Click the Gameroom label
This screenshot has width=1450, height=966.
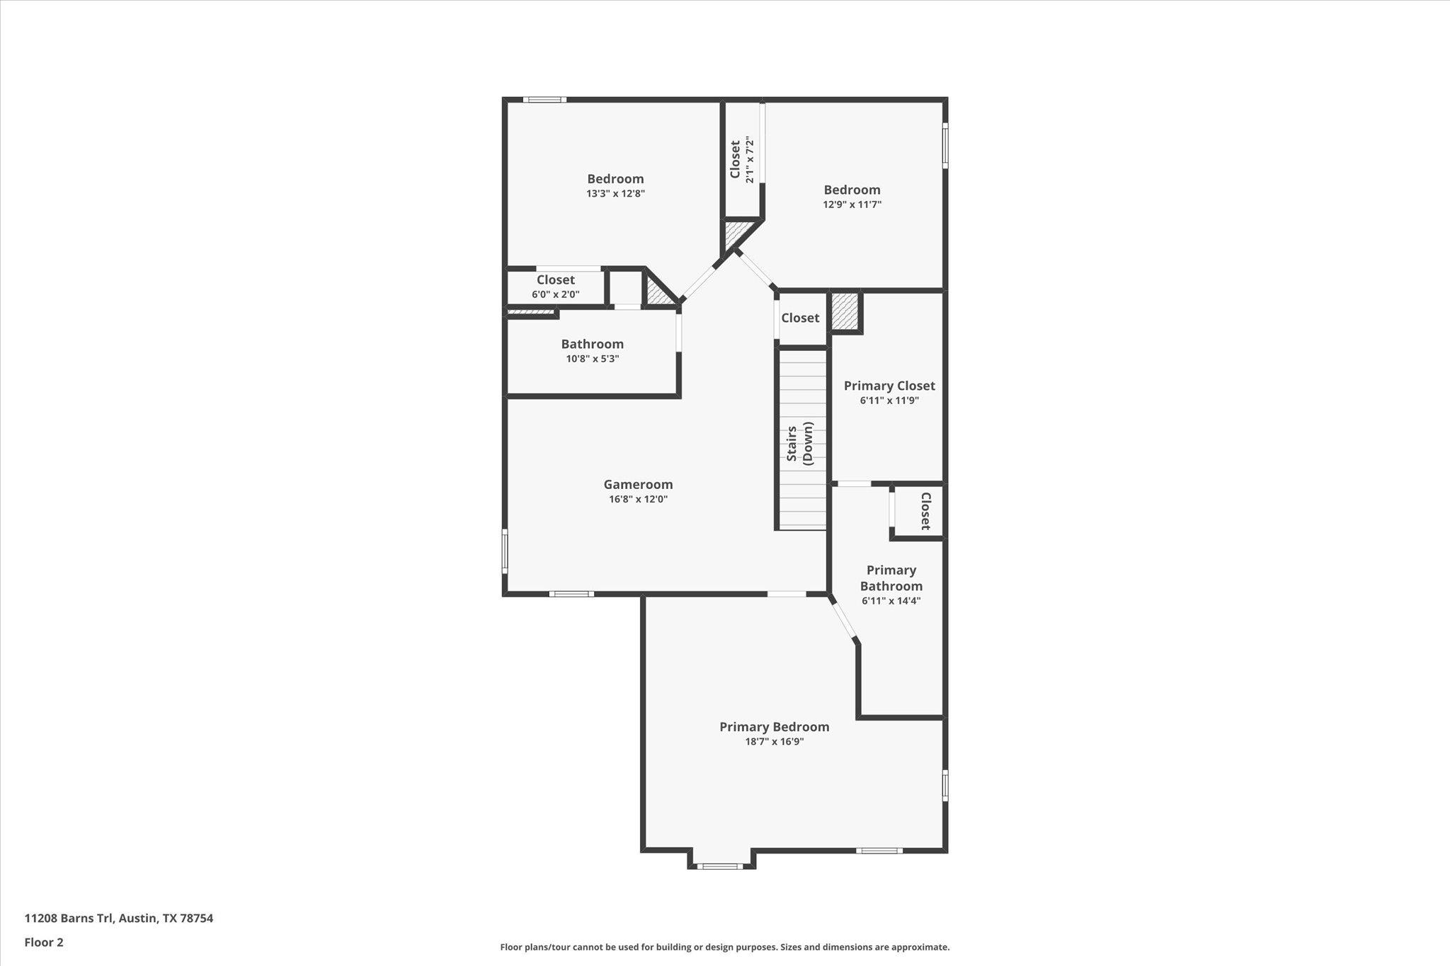(x=638, y=485)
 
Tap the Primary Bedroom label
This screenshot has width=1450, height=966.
(x=774, y=727)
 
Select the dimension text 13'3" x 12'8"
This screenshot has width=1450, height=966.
(x=615, y=193)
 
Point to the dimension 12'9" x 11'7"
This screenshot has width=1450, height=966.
(x=852, y=205)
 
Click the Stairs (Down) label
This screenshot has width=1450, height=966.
(x=800, y=442)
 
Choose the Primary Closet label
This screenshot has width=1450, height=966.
(x=889, y=386)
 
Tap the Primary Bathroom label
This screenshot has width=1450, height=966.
(x=891, y=577)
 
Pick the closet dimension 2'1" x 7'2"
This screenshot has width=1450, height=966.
(x=750, y=160)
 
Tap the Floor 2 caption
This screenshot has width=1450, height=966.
(x=44, y=942)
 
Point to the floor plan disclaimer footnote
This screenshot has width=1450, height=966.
(x=724, y=947)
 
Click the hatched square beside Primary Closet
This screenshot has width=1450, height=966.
(x=845, y=311)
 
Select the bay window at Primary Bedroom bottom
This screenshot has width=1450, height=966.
(x=721, y=866)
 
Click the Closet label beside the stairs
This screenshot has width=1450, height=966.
(x=800, y=318)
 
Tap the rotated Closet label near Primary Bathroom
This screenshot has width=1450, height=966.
(x=925, y=511)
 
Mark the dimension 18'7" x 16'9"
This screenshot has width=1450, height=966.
(x=774, y=742)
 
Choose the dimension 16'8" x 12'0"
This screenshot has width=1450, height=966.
(x=638, y=499)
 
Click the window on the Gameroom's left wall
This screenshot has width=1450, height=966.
(x=505, y=551)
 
